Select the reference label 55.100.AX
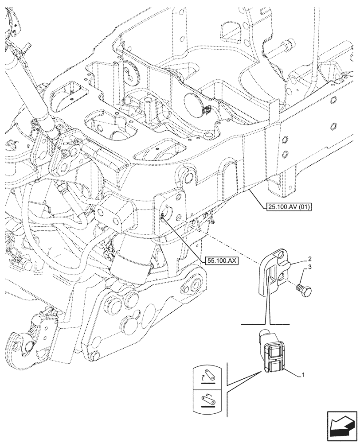[222, 260]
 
